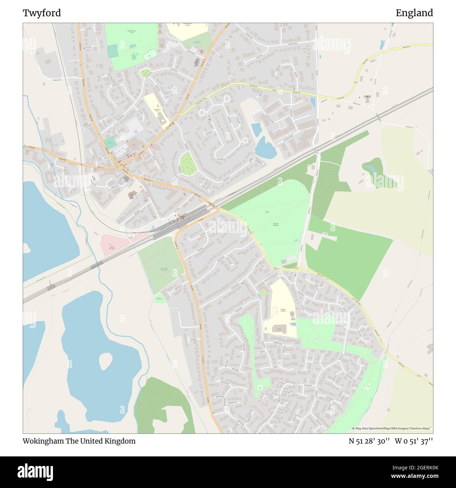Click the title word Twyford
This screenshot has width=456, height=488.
[42, 13]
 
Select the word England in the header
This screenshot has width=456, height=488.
[414, 13]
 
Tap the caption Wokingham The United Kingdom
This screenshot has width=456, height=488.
[79, 441]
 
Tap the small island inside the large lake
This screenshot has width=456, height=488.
[105, 361]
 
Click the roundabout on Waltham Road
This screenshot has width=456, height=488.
[298, 269]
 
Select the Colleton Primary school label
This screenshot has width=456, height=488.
[283, 310]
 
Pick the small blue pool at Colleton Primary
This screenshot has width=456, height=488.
[293, 324]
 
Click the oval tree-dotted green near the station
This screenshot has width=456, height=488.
[187, 163]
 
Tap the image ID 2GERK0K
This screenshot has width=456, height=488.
[420, 468]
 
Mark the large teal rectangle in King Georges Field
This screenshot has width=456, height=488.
[113, 51]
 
